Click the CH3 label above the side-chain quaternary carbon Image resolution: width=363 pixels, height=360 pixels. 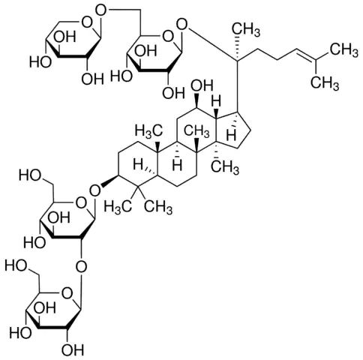(245, 29)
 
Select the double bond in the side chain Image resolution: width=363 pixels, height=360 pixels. (303, 54)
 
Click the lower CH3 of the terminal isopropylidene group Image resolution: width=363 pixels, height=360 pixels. (325, 82)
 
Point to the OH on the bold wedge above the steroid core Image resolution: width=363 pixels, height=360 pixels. (202, 85)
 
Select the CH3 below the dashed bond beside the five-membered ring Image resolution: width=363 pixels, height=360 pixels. (225, 166)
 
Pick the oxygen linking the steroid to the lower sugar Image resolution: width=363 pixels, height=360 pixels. (95, 190)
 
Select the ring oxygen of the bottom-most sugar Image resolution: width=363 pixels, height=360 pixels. (67, 294)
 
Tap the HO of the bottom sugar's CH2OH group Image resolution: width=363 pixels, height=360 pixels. (16, 265)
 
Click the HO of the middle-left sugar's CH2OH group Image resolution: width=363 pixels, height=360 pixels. (30, 175)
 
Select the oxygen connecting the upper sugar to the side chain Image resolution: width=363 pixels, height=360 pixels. (181, 25)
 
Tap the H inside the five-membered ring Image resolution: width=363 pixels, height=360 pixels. (232, 136)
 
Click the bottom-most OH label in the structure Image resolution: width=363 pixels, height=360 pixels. (73, 349)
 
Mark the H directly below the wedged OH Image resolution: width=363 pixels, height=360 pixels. (217, 102)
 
